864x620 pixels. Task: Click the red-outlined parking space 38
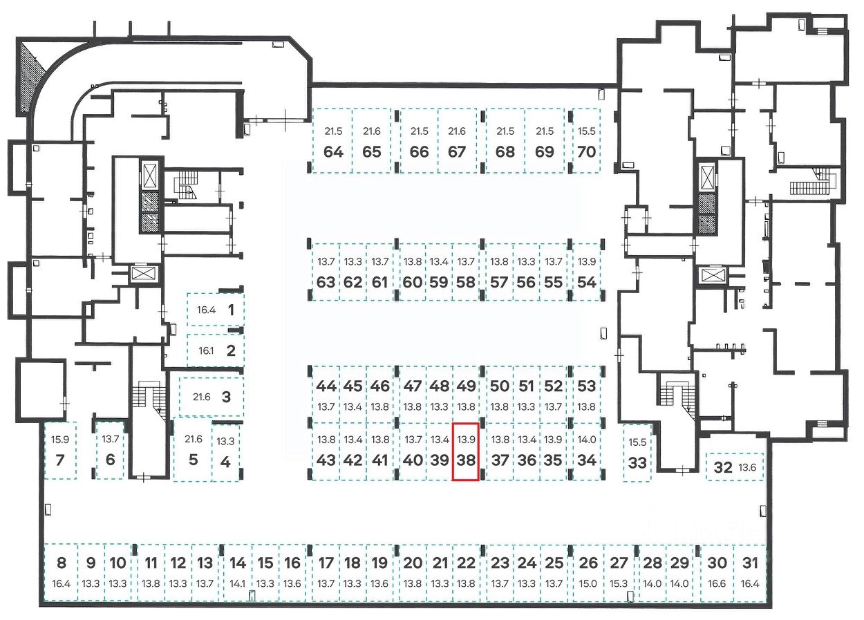tap(465, 451)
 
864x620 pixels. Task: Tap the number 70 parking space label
tap(586, 151)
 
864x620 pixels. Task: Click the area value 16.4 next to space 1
tap(207, 310)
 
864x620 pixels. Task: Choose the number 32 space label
tap(722, 467)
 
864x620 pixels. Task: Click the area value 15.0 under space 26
tap(588, 583)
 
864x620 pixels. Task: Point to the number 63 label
tap(326, 282)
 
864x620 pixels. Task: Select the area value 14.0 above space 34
tap(586, 440)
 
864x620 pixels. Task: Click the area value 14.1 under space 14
tap(238, 583)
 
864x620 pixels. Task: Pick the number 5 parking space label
tap(193, 460)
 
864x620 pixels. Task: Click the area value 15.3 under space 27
tap(619, 583)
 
